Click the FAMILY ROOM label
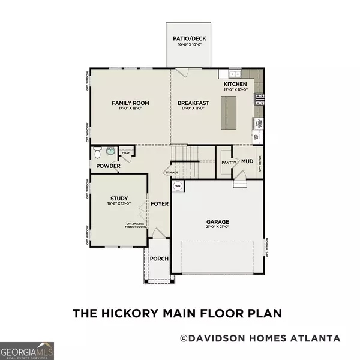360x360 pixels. click(x=130, y=103)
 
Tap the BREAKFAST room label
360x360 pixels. click(x=193, y=103)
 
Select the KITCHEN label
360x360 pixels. click(x=236, y=85)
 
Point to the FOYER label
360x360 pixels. click(x=160, y=203)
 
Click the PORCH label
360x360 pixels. click(x=159, y=259)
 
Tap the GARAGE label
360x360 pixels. click(x=218, y=221)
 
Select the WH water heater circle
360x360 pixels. click(x=178, y=187)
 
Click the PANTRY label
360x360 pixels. click(x=228, y=162)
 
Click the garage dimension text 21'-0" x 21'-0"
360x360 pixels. click(x=218, y=228)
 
